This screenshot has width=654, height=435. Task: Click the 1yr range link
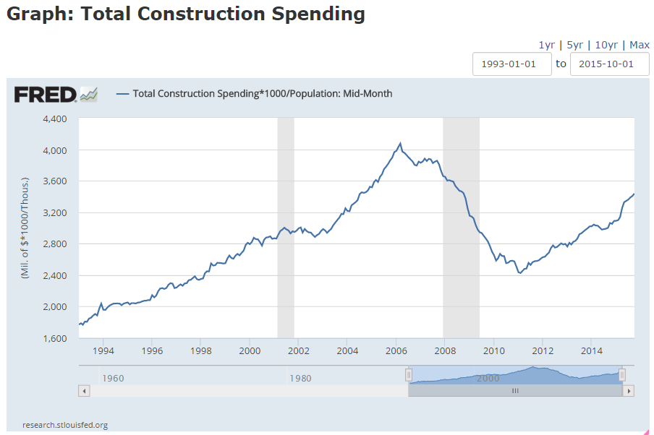[548, 45]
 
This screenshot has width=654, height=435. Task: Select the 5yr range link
[575, 45]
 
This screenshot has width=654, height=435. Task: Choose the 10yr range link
[606, 45]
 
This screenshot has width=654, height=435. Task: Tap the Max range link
[640, 45]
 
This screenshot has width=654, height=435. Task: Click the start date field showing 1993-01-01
[512, 64]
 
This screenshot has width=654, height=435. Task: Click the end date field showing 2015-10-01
[610, 64]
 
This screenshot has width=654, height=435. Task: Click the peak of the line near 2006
[400, 143]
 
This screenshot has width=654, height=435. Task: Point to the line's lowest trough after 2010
[520, 273]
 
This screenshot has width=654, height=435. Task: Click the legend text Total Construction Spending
[263, 93]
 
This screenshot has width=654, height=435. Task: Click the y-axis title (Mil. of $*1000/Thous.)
[26, 228]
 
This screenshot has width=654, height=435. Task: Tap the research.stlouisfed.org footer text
[65, 425]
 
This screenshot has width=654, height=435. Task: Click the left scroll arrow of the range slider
[84, 391]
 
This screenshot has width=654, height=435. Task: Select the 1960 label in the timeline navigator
[114, 377]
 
